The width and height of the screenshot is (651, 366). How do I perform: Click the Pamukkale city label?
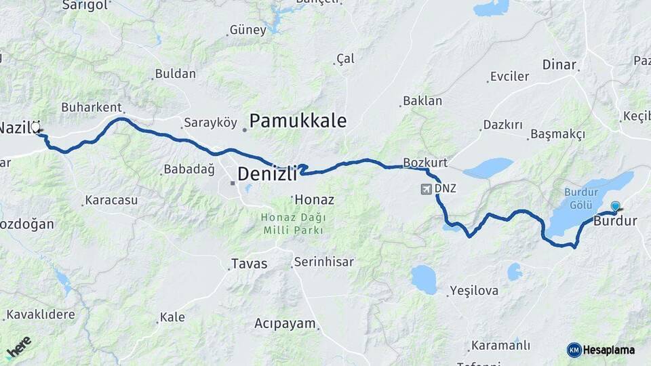(x=298, y=121)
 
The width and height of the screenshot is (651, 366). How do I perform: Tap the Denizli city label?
(x=267, y=174)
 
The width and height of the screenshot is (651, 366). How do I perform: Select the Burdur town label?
(x=615, y=221)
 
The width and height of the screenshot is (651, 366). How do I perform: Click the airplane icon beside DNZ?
(x=426, y=188)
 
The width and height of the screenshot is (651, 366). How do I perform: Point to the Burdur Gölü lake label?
(x=581, y=198)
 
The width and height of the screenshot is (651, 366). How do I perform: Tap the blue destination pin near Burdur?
(x=615, y=206)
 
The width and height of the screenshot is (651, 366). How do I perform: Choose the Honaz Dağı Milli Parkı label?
(x=294, y=224)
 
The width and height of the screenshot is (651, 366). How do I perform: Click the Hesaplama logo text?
(x=608, y=350)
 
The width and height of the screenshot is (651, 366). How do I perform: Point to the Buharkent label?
(x=91, y=107)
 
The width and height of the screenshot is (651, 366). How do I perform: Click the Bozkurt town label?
(x=425, y=163)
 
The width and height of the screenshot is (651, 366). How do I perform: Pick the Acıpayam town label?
(x=285, y=323)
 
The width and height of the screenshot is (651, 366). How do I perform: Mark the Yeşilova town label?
(x=473, y=291)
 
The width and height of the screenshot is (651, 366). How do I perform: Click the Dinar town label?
(x=559, y=65)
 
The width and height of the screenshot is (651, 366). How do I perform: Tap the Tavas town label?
(x=249, y=264)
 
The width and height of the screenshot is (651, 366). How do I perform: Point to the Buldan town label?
(x=175, y=74)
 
